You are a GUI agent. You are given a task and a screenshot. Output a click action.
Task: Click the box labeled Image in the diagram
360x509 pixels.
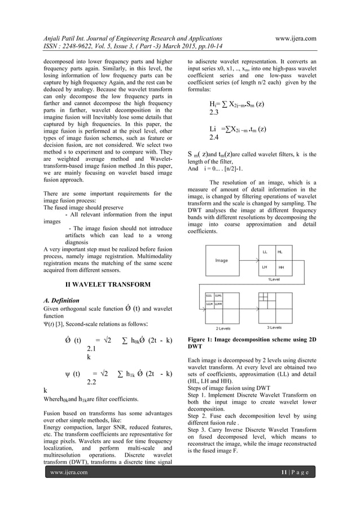pos(221,260)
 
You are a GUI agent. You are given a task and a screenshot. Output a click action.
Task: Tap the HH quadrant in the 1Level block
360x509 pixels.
pos(281,267)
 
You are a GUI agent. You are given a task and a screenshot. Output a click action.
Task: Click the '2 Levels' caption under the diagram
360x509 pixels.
pos(223,327)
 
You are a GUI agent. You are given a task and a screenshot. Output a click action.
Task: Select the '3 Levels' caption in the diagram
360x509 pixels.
pos(275,327)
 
